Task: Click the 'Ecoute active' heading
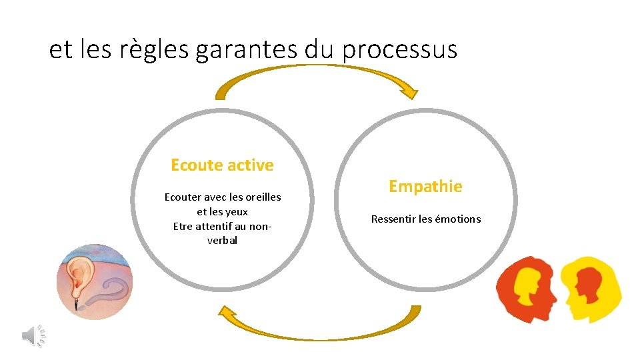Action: coord(222,165)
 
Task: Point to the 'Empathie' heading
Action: coord(425,187)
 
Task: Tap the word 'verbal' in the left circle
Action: coord(222,240)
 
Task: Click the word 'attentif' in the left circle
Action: coord(213,226)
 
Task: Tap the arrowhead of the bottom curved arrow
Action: coord(229,311)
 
